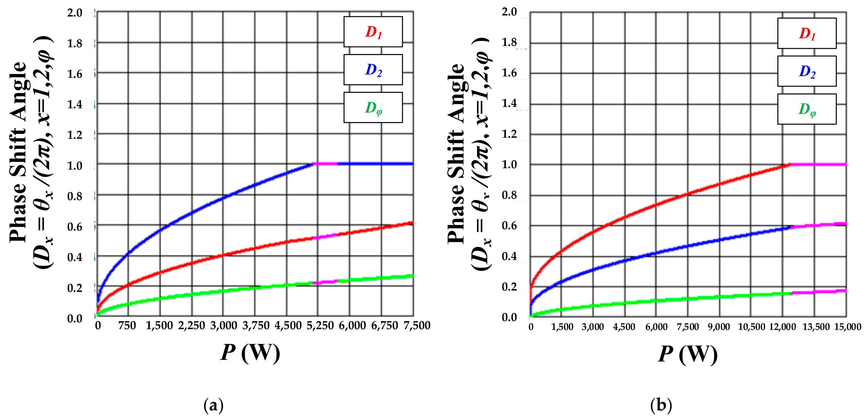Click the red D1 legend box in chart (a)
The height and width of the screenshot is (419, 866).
click(x=373, y=32)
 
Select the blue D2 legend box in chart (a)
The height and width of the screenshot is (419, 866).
click(x=373, y=70)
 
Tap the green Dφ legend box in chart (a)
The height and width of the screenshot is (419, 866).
click(x=373, y=107)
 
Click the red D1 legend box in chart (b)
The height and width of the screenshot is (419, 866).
click(x=807, y=33)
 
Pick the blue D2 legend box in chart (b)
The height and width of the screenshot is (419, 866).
click(x=807, y=71)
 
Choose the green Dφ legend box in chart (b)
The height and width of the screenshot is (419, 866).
click(x=807, y=109)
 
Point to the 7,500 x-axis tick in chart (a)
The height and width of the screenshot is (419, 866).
click(x=417, y=326)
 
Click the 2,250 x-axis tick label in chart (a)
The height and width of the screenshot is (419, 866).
click(x=191, y=326)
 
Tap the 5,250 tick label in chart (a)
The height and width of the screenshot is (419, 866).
click(x=320, y=326)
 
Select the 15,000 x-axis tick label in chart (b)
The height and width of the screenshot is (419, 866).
click(x=848, y=327)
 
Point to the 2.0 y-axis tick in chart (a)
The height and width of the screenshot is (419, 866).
click(x=75, y=13)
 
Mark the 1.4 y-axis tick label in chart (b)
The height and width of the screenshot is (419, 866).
click(x=509, y=103)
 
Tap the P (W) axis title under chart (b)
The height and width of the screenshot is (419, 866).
click(x=688, y=354)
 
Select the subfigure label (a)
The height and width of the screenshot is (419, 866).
click(x=214, y=406)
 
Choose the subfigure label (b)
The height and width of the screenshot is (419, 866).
click(x=661, y=406)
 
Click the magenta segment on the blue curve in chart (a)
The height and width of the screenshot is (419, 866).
click(x=325, y=164)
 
